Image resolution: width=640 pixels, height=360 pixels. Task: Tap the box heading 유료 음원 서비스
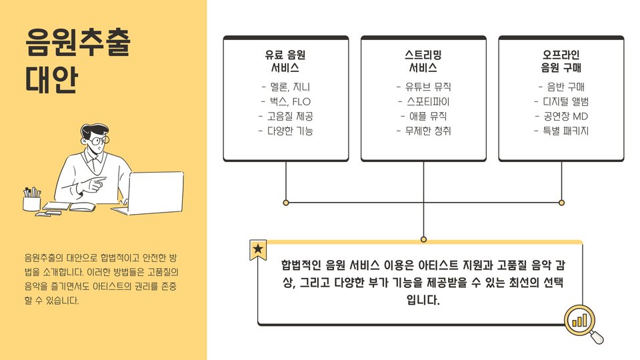[285, 61]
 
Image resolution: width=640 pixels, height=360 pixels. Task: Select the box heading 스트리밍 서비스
[423, 61]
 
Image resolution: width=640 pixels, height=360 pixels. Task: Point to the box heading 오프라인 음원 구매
[561, 61]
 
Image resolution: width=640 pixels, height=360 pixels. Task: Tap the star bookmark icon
[258, 250]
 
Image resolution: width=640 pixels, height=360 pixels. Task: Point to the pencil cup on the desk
[31, 201]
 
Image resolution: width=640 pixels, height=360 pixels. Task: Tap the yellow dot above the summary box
[423, 239]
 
